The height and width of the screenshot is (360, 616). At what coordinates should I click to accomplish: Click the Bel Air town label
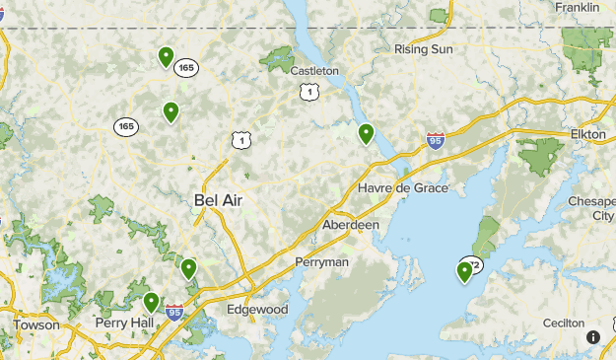(218, 200)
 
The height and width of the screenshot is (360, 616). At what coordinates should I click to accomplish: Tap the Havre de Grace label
(403, 188)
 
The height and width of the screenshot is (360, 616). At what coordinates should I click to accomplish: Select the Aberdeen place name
(351, 225)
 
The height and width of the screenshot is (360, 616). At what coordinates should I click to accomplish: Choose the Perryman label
(322, 262)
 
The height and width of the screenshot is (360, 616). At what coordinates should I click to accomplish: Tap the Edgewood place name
(257, 309)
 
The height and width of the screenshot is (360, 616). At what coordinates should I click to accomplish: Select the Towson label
(36, 324)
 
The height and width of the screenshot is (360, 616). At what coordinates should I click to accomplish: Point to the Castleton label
(314, 71)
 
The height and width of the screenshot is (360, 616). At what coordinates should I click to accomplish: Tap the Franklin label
(578, 7)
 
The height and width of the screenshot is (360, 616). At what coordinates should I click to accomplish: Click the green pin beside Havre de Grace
(366, 133)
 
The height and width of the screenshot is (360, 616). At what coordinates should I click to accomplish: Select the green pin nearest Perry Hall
(151, 302)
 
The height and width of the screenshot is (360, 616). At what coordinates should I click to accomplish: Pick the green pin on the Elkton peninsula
(464, 271)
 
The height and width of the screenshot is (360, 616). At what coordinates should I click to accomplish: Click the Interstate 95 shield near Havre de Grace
(436, 141)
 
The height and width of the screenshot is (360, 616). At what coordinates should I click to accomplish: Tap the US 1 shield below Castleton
(310, 91)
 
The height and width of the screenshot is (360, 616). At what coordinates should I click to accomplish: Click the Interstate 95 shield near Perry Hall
(174, 313)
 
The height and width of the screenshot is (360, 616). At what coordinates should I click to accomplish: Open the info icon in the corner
(593, 337)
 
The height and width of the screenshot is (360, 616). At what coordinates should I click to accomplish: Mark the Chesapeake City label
(591, 208)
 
